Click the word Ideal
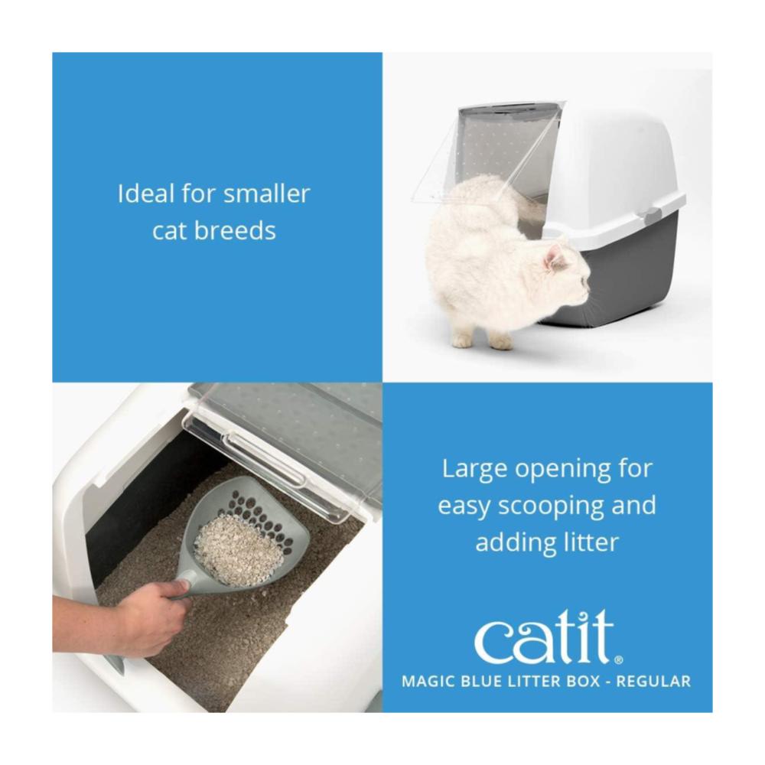(x=146, y=194)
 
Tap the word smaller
(x=266, y=194)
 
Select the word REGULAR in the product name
(x=653, y=681)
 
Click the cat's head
(x=568, y=273)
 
